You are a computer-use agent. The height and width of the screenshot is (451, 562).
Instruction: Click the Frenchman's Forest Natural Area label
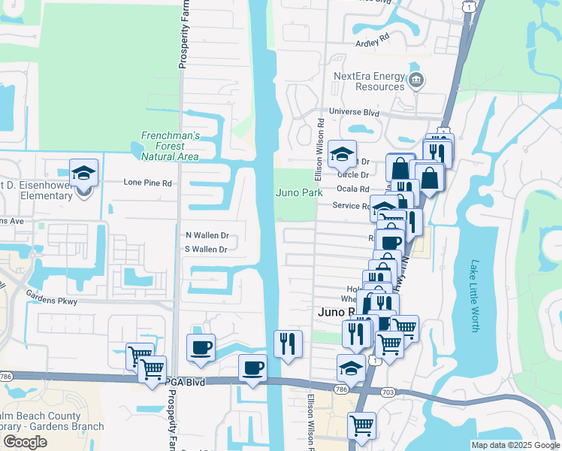click(171, 146)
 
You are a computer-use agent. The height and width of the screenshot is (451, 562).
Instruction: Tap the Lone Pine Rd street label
click(148, 183)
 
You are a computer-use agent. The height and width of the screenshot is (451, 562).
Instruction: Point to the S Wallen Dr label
click(206, 250)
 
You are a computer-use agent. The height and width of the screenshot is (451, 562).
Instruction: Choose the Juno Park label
click(300, 192)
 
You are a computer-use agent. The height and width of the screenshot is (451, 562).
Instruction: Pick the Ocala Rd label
click(353, 189)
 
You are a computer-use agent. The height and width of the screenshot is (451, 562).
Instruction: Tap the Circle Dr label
click(354, 175)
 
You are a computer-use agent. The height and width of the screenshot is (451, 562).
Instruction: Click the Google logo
click(25, 442)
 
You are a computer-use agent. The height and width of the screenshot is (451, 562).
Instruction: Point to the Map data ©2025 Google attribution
click(515, 445)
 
